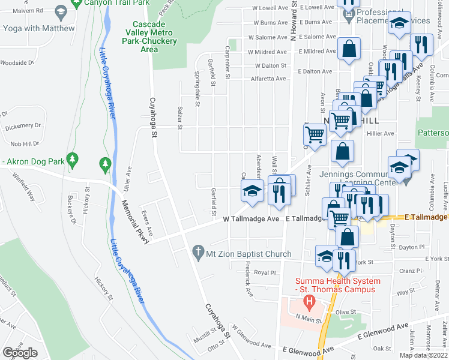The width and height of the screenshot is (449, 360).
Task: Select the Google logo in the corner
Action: tap(20, 353)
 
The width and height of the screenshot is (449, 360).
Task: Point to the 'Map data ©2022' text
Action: tap(423, 355)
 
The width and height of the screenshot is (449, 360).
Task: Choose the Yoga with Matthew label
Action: tap(39, 28)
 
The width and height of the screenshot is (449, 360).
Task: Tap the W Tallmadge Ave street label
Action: tap(251, 220)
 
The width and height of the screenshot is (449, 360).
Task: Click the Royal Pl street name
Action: tap(264, 272)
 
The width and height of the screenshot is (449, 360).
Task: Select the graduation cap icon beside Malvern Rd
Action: tap(60, 11)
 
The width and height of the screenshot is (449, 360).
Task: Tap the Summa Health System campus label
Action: tap(337, 286)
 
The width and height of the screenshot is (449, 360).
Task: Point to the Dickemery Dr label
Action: tap(22, 127)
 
